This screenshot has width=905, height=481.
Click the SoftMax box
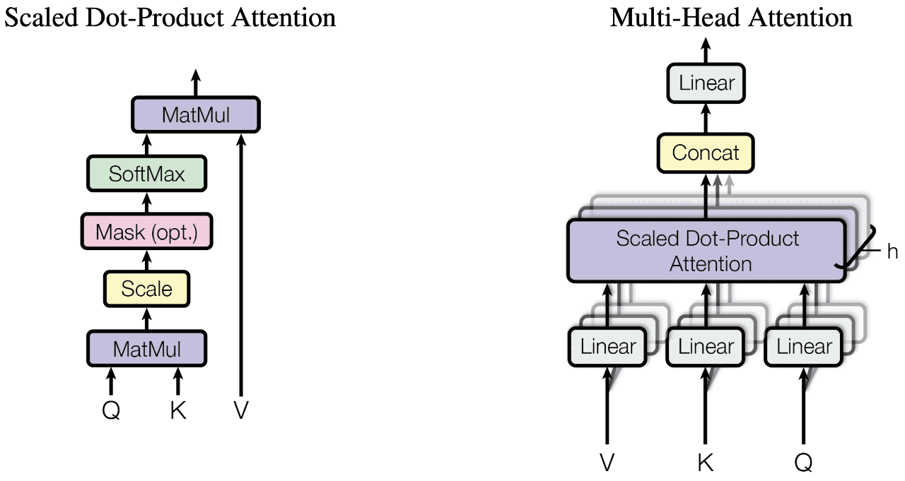(146, 173)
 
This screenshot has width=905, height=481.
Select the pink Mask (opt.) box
(147, 231)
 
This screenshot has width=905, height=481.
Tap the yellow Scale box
(146, 288)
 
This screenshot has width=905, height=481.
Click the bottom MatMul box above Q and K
(146, 349)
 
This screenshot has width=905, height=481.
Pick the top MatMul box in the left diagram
(196, 114)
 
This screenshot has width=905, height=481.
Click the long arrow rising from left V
(242, 268)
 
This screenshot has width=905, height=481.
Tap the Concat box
(706, 153)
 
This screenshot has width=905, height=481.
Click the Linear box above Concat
(706, 83)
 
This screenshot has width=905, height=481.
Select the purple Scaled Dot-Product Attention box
(707, 251)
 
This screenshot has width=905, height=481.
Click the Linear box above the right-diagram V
(607, 347)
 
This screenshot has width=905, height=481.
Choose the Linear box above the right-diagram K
(706, 347)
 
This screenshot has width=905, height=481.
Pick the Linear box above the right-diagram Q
(804, 347)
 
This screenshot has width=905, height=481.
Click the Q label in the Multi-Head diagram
(803, 463)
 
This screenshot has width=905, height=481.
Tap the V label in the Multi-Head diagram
(607, 463)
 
